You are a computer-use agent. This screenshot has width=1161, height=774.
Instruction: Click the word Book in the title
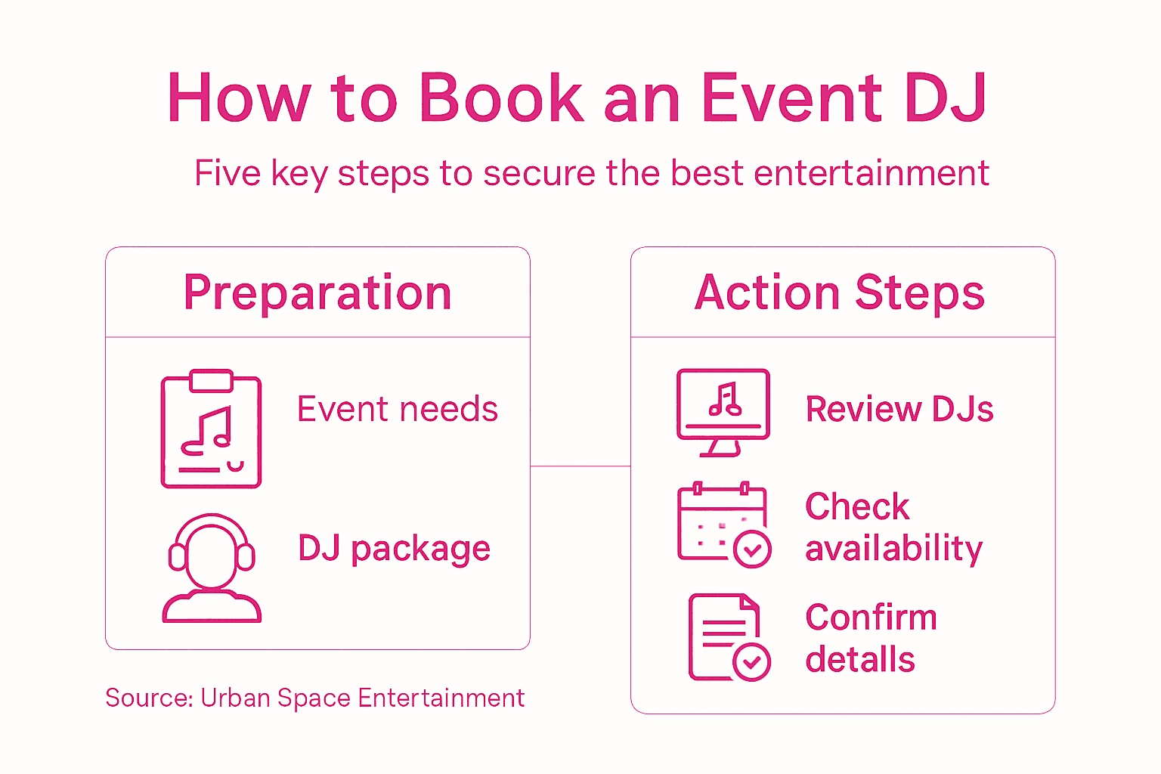click(x=501, y=98)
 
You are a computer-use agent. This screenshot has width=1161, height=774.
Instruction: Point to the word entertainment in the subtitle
click(x=872, y=173)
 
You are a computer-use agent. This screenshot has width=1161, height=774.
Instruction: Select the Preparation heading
click(x=317, y=293)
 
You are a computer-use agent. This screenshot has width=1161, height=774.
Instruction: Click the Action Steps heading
click(x=840, y=293)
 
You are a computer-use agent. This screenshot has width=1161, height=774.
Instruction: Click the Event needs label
click(x=398, y=410)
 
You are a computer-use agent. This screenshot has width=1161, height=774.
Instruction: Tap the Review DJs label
click(x=899, y=410)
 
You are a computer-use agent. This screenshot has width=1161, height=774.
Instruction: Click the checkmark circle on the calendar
click(x=753, y=550)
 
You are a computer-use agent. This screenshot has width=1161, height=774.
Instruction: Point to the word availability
click(x=894, y=549)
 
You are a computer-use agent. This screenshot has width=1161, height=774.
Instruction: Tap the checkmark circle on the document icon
click(x=751, y=663)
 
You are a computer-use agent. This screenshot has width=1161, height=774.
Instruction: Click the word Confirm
click(x=871, y=618)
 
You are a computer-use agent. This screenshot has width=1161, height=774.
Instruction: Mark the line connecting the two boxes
click(x=580, y=466)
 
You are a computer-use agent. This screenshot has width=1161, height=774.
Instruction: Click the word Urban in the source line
click(x=235, y=698)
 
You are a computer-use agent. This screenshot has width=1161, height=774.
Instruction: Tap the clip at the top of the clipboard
click(x=211, y=380)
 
